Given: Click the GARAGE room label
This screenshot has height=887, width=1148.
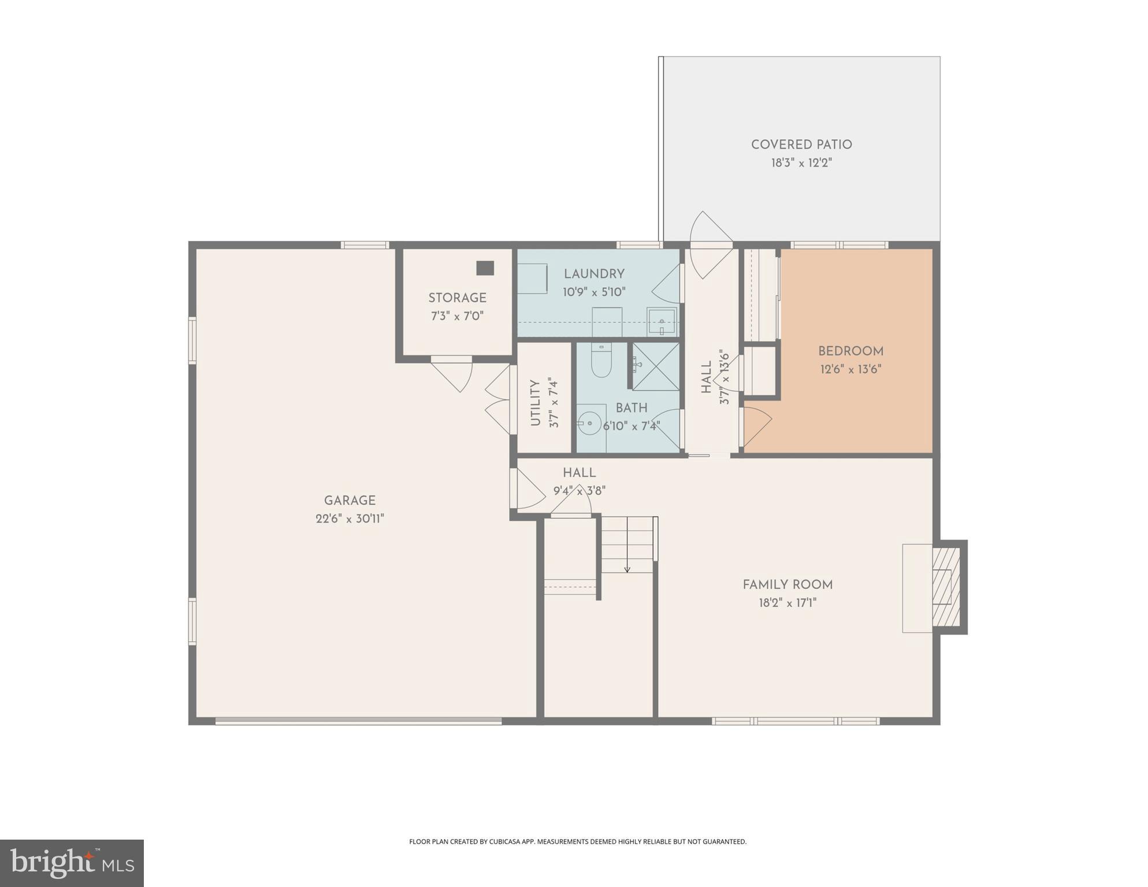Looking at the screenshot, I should click(x=350, y=500).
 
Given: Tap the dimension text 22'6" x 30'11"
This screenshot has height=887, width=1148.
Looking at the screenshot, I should click(x=350, y=519).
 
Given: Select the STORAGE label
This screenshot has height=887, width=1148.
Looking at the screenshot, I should click(x=457, y=298).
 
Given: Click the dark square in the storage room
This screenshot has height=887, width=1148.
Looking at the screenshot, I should click(x=485, y=268).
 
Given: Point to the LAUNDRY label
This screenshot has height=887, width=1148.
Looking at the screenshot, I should click(x=594, y=274).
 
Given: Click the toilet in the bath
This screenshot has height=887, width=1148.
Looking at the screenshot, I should click(x=601, y=361).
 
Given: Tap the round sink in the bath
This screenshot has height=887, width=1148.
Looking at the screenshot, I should click(x=589, y=423).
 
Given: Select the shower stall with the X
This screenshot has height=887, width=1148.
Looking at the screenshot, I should click(x=656, y=366).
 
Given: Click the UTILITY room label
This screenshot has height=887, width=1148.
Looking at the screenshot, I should click(x=535, y=403).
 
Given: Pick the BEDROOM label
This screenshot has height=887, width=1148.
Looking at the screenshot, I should click(x=850, y=351).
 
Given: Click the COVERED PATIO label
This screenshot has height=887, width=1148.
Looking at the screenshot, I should click(x=801, y=144).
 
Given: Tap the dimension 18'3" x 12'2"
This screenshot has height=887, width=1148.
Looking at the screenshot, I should click(x=801, y=163).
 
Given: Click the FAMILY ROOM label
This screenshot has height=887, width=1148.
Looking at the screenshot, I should click(x=787, y=585).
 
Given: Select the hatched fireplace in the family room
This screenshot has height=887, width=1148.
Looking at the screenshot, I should click(x=946, y=587).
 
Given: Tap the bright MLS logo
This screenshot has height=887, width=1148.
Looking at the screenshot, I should click(x=72, y=863).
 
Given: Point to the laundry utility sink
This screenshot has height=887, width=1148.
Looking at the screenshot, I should click(x=661, y=322).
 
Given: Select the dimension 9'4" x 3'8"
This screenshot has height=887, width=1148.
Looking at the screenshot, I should click(x=579, y=491).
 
